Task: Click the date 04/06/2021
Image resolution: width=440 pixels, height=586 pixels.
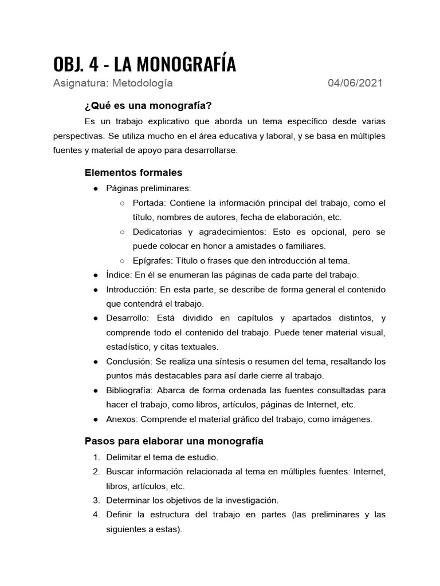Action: click(x=355, y=83)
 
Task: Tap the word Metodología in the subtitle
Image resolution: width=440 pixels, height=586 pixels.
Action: click(x=142, y=83)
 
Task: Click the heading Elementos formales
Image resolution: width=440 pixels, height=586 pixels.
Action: click(x=133, y=172)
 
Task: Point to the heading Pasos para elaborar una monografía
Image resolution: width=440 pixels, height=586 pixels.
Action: click(x=174, y=441)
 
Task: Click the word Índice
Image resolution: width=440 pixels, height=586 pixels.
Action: click(x=119, y=275)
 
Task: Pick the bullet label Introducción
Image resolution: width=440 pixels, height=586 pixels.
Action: click(x=130, y=290)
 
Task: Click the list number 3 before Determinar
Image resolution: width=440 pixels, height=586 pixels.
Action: click(x=96, y=500)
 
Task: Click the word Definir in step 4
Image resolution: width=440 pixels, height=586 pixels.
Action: click(x=119, y=515)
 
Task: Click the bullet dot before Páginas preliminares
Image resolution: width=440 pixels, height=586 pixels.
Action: click(x=96, y=188)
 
